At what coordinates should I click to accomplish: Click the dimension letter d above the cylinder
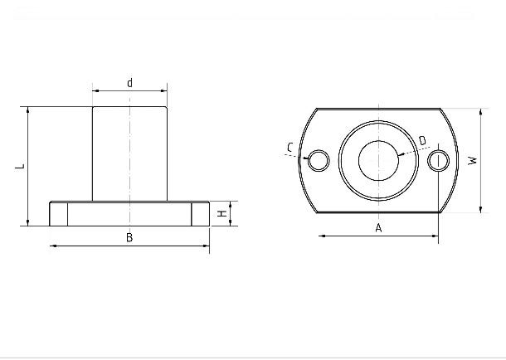[129, 83]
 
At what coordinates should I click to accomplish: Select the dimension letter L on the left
[21, 167]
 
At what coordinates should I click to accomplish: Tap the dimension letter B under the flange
[129, 238]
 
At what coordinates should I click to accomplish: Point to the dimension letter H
[221, 213]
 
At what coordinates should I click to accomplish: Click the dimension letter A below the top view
[378, 228]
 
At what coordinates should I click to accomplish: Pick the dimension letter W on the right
[473, 161]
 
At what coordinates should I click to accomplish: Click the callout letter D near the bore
[422, 141]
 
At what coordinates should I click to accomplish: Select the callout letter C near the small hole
[289, 148]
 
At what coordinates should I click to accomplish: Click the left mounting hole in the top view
[319, 160]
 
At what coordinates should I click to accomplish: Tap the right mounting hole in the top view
[439, 160]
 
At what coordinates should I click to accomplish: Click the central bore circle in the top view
[378, 160]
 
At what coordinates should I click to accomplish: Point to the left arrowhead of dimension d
[95, 91]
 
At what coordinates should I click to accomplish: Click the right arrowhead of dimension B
[207, 246]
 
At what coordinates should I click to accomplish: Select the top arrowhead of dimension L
[28, 109]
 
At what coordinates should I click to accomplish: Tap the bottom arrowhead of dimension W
[481, 209]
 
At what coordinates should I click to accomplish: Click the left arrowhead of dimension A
[322, 236]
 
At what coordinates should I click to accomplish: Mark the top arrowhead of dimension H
[230, 204]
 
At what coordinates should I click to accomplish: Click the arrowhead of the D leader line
[401, 154]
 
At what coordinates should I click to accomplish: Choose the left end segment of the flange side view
[58, 214]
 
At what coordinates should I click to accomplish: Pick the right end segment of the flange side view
[201, 214]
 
